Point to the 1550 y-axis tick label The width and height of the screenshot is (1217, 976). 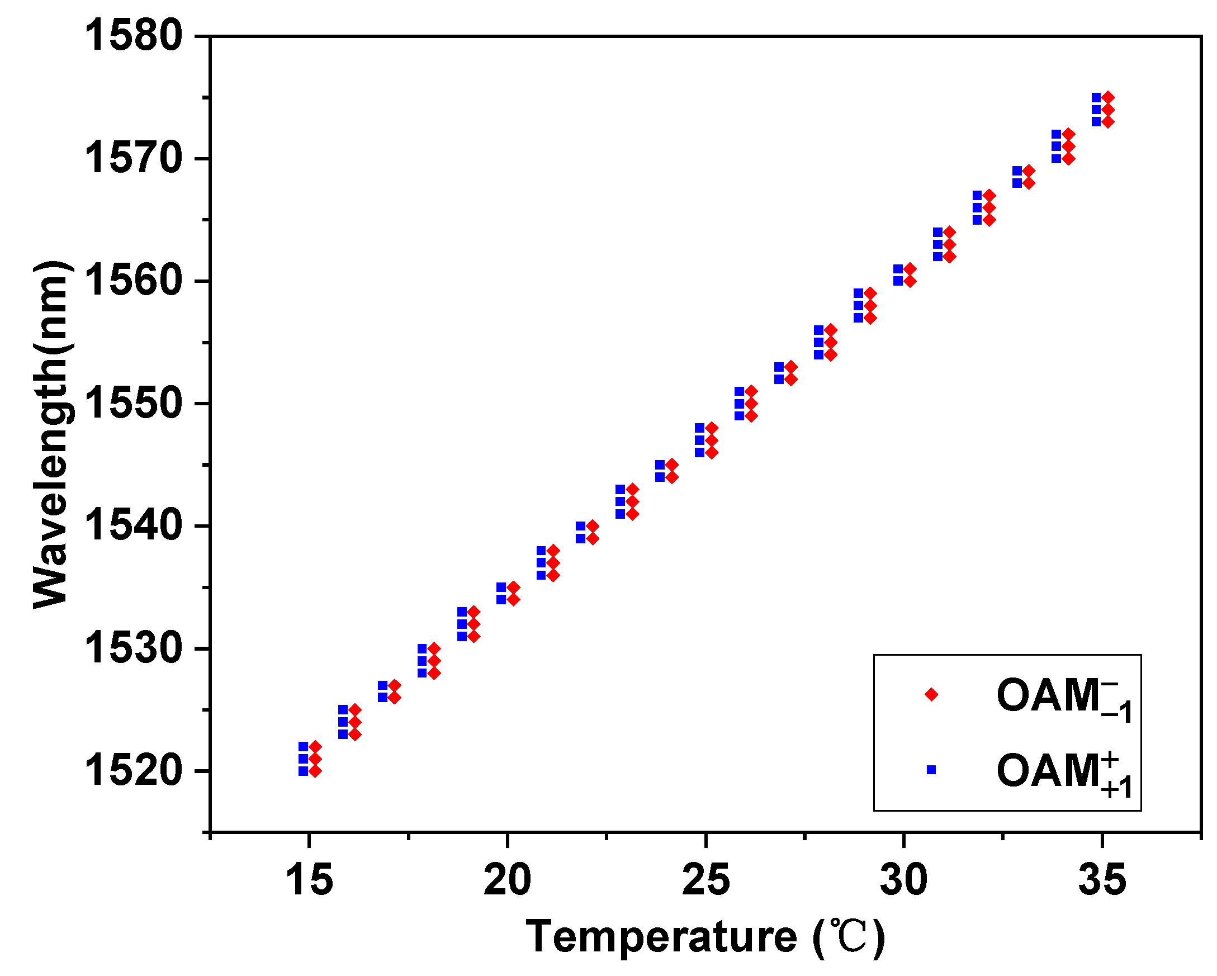[x=134, y=404]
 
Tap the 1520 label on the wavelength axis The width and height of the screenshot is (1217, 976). [x=134, y=771]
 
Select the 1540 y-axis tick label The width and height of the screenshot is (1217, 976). [x=134, y=527]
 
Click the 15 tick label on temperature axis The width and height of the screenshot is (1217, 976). [x=309, y=880]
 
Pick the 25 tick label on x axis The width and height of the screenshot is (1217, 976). [x=705, y=880]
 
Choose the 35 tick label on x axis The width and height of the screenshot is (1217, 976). [x=1102, y=880]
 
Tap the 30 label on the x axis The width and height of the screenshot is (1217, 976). [x=904, y=880]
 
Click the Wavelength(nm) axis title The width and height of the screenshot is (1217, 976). [x=52, y=435]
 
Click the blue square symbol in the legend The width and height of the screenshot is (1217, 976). [x=931, y=769]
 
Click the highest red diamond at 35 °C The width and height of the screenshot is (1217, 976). [x=1108, y=98]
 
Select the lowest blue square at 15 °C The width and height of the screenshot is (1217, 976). [x=303, y=771]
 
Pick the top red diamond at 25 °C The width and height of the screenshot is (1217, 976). [x=712, y=428]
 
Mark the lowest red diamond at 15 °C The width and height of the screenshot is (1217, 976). [x=315, y=771]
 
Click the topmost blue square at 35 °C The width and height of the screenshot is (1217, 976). [x=1096, y=98]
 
